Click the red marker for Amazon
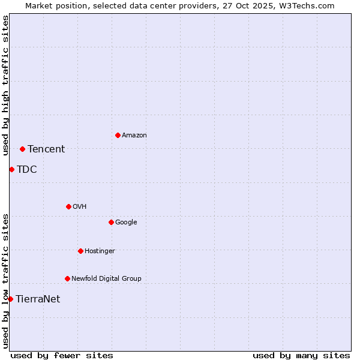coord(118,135)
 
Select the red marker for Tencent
coord(22,149)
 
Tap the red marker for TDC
coord(11,169)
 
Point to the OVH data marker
coord(68,206)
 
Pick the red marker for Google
coord(111,222)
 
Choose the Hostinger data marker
coord(80,251)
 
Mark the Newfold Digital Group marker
coord(67,278)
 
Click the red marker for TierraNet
coord(10,299)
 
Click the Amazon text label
coord(134,136)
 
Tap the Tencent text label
coord(46,149)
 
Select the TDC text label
coord(27,170)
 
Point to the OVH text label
coord(80,207)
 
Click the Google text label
coord(126,223)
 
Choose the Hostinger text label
coord(100,251)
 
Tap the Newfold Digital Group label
coord(106,279)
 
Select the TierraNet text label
coord(38,299)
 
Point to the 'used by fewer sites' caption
coord(62,355)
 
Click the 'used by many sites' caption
coord(301,355)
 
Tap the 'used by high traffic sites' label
coord(6,85)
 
